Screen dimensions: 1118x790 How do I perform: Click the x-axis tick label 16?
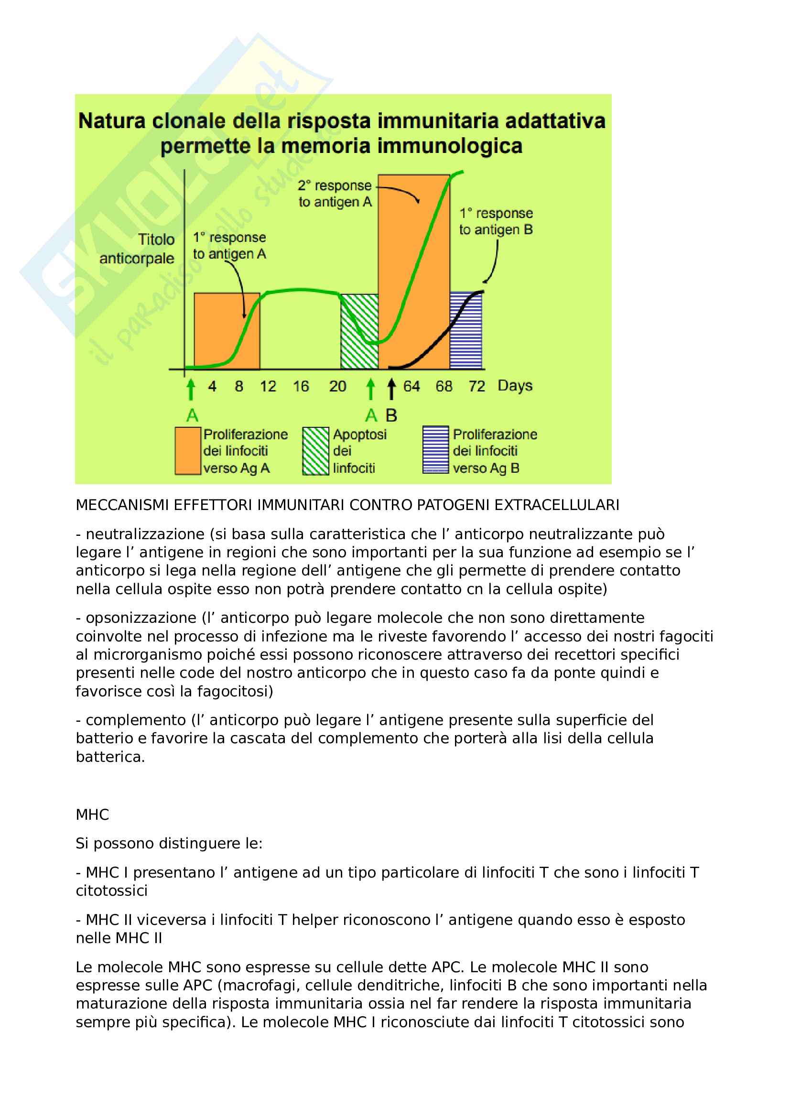301,386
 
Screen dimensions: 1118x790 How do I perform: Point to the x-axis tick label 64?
411,386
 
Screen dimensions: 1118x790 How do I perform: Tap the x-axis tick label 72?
477,386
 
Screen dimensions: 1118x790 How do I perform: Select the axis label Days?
515,386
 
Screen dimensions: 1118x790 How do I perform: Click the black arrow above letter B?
391,390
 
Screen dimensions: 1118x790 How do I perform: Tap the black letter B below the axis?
391,415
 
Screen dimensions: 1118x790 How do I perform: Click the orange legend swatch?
188,450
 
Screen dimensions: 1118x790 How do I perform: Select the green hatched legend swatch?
315,450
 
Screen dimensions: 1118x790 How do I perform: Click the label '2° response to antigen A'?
335,193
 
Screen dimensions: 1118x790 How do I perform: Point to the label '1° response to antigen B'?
496,221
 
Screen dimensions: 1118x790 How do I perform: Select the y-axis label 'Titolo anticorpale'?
137,249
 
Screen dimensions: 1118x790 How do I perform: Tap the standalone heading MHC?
93,814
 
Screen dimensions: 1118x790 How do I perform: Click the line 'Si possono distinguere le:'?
169,843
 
